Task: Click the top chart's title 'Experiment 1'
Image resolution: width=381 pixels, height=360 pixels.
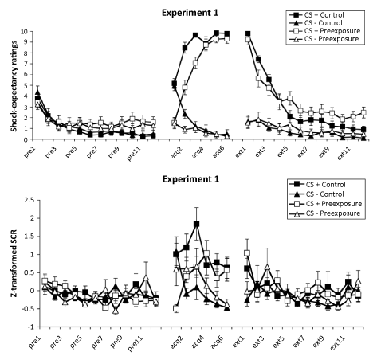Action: [x=190, y=13]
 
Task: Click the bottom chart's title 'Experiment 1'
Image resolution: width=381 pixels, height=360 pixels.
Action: [x=191, y=179]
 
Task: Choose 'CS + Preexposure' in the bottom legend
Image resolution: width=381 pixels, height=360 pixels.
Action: [x=334, y=204]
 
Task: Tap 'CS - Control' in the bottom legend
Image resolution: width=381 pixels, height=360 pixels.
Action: [x=325, y=194]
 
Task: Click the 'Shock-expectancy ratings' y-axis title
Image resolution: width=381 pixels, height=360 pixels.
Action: [x=14, y=86]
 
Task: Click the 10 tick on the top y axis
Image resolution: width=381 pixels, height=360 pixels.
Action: [x=24, y=32]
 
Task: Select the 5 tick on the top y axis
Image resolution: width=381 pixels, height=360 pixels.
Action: [x=26, y=85]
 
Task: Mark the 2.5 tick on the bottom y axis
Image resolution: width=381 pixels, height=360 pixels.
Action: [x=29, y=200]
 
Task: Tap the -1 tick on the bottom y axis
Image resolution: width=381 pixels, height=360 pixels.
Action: [x=32, y=327]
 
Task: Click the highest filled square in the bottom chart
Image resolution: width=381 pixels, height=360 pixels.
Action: [x=197, y=224]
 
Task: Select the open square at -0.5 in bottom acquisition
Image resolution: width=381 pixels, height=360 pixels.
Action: [x=176, y=308]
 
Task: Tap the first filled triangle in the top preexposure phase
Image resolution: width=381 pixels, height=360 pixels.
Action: [x=37, y=92]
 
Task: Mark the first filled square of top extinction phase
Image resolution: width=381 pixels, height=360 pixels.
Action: [x=248, y=33]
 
